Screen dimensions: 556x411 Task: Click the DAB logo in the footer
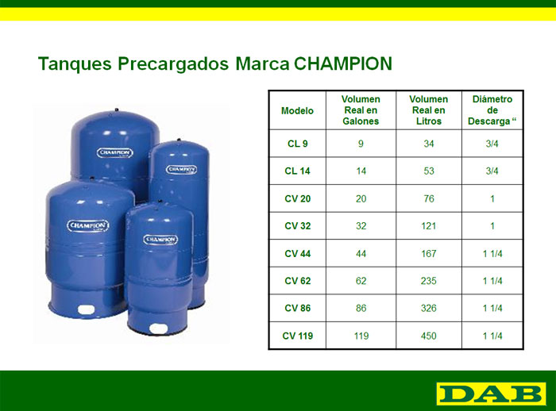(x=491, y=394)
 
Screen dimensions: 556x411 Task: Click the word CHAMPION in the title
(x=343, y=63)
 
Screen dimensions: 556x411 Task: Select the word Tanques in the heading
(x=75, y=64)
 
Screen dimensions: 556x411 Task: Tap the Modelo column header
(x=297, y=111)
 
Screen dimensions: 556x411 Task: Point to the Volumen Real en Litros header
(x=428, y=110)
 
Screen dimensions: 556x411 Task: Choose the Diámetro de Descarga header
(x=492, y=110)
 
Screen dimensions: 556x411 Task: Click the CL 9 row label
(x=298, y=144)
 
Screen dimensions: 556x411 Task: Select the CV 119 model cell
(x=298, y=336)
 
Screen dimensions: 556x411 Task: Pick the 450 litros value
(x=428, y=336)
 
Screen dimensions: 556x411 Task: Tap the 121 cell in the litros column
(x=428, y=226)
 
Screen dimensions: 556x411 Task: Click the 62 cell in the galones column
(x=361, y=281)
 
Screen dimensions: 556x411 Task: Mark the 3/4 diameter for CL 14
(x=492, y=171)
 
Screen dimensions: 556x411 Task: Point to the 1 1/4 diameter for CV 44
(x=492, y=254)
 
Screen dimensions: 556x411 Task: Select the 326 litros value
(x=428, y=308)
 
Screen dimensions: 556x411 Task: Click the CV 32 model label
(x=298, y=226)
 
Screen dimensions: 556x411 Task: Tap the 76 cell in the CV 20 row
(x=429, y=199)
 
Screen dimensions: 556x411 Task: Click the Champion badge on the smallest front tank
(x=160, y=240)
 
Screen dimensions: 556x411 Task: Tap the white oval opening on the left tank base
(x=86, y=309)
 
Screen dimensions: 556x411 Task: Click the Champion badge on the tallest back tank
(x=115, y=152)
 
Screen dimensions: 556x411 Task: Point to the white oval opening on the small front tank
(x=158, y=328)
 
